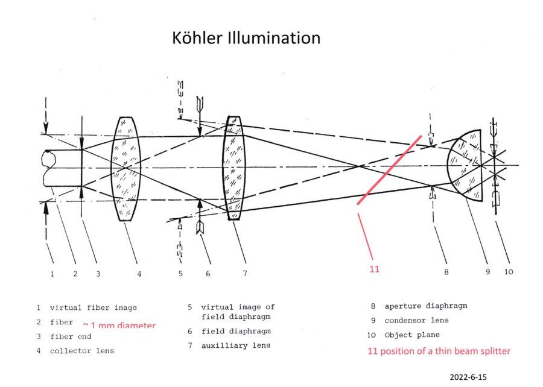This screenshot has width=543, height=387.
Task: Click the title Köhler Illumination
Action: pyautogui.click(x=246, y=38)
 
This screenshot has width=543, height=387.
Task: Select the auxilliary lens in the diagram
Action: pyautogui.click(x=233, y=168)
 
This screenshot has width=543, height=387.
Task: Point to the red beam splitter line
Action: pyautogui.click(x=389, y=170)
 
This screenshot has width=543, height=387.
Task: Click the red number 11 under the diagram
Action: pyautogui.click(x=374, y=269)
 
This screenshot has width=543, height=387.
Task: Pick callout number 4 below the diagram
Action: pyautogui.click(x=139, y=273)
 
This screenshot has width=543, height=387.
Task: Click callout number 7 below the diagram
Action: pyautogui.click(x=245, y=273)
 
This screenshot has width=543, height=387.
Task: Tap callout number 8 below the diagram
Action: pyautogui.click(x=446, y=272)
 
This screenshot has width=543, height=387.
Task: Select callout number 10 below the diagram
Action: pyautogui.click(x=509, y=272)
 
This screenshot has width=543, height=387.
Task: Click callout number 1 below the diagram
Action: pyautogui.click(x=52, y=273)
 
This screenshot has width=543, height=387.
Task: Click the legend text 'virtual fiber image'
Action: pyautogui.click(x=93, y=308)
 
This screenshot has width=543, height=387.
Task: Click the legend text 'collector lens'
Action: pyautogui.click(x=81, y=351)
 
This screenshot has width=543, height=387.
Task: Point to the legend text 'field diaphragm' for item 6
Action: pyautogui.click(x=236, y=331)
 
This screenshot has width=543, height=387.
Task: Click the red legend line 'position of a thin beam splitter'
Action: pyautogui.click(x=439, y=351)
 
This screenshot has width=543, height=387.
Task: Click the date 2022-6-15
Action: pyautogui.click(x=468, y=377)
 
